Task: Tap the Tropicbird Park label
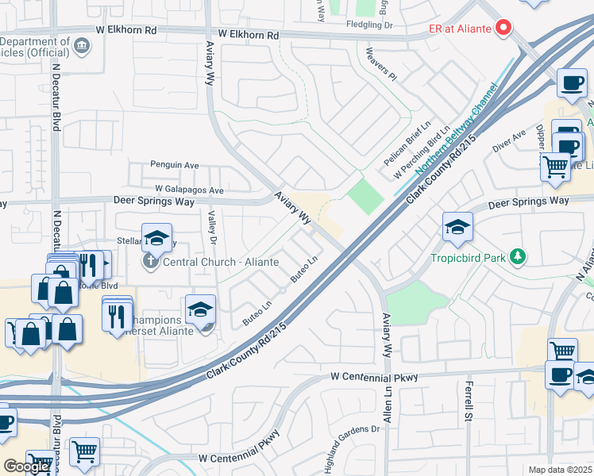(x=468, y=257)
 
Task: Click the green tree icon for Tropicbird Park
(x=517, y=256)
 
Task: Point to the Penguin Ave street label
(x=175, y=165)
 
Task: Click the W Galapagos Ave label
(x=189, y=190)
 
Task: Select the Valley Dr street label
(x=212, y=226)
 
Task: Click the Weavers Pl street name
(x=380, y=65)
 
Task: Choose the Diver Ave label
(x=509, y=141)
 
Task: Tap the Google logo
(x=26, y=466)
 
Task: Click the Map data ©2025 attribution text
(x=559, y=470)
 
